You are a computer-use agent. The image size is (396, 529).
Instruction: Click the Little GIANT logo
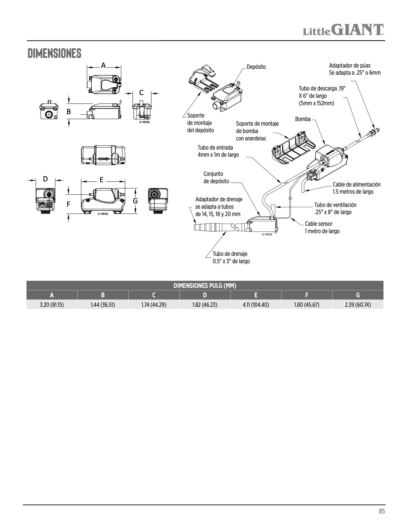pos(343,30)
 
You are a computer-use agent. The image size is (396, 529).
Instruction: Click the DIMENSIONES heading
pos(54,53)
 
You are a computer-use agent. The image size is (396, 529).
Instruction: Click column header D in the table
pos(205,295)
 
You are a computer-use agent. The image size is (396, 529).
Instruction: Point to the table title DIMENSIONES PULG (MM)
pos(205,286)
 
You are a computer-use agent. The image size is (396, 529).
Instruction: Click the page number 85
pos(382,511)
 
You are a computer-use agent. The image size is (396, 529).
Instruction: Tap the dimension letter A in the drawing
pos(103,66)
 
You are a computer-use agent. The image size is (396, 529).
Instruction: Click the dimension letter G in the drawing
pos(135,201)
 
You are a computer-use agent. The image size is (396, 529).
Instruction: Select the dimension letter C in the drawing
pos(141,93)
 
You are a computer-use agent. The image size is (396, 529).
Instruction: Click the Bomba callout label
pos(303,119)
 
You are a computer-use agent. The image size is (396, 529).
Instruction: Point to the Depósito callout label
pos(256,67)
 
